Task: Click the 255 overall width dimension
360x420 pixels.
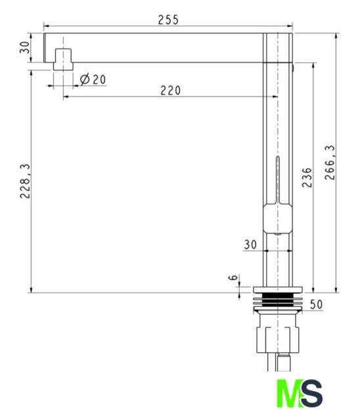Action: pyautogui.click(x=168, y=20)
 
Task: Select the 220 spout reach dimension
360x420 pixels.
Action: pyautogui.click(x=171, y=91)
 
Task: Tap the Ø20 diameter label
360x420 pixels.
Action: pyautogui.click(x=93, y=79)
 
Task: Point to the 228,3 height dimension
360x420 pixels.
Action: pyautogui.click(x=25, y=181)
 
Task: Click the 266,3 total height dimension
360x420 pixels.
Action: pyautogui.click(x=330, y=162)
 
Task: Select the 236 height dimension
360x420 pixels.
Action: pyautogui.click(x=307, y=178)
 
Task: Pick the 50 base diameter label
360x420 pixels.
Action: pyautogui.click(x=316, y=304)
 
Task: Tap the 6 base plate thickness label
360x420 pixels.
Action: pyautogui.click(x=233, y=278)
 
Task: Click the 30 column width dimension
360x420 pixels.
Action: pyautogui.click(x=250, y=245)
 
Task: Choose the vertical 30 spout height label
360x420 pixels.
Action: pyautogui.click(x=25, y=47)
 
